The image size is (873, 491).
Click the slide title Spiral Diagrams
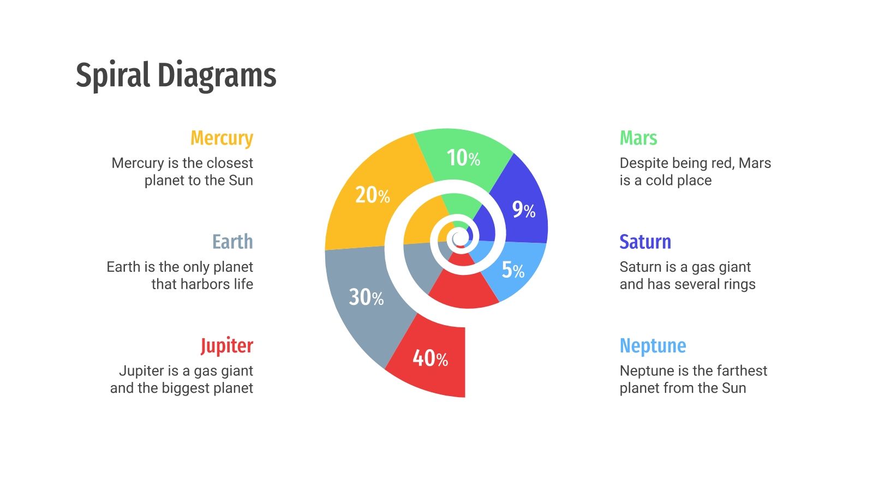[176, 75]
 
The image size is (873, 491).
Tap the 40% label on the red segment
[430, 358]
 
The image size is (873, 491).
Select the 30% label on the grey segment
[366, 297]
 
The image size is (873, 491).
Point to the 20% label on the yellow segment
[373, 195]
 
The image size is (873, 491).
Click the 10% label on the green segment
[463, 158]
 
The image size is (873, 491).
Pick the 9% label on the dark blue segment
[523, 209]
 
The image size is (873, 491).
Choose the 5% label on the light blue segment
[513, 270]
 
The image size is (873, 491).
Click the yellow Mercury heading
[222, 139]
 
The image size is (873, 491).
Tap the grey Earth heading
[232, 242]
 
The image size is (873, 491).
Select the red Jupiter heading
[226, 346]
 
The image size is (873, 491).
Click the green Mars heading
[638, 138]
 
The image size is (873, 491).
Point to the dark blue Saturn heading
[645, 242]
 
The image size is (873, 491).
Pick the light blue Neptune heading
[653, 346]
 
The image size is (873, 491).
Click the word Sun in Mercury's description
[241, 181]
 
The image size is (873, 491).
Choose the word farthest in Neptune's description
[741, 371]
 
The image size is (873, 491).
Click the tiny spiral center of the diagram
[459, 238]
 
